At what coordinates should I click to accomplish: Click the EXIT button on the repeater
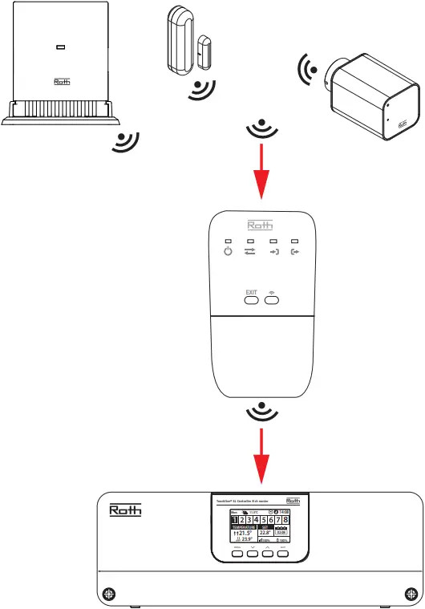click(x=251, y=300)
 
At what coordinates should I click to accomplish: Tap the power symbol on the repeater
click(x=228, y=253)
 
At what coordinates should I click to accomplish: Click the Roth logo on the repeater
click(x=262, y=225)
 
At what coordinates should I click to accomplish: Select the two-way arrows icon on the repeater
click(x=250, y=253)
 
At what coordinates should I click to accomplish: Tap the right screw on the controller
click(x=411, y=594)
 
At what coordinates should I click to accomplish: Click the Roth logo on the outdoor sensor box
click(x=63, y=81)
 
